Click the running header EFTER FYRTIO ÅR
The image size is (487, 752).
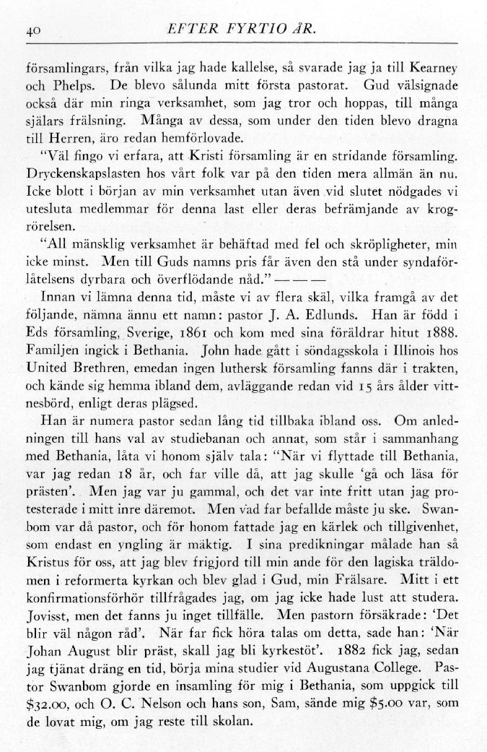[242, 30]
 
